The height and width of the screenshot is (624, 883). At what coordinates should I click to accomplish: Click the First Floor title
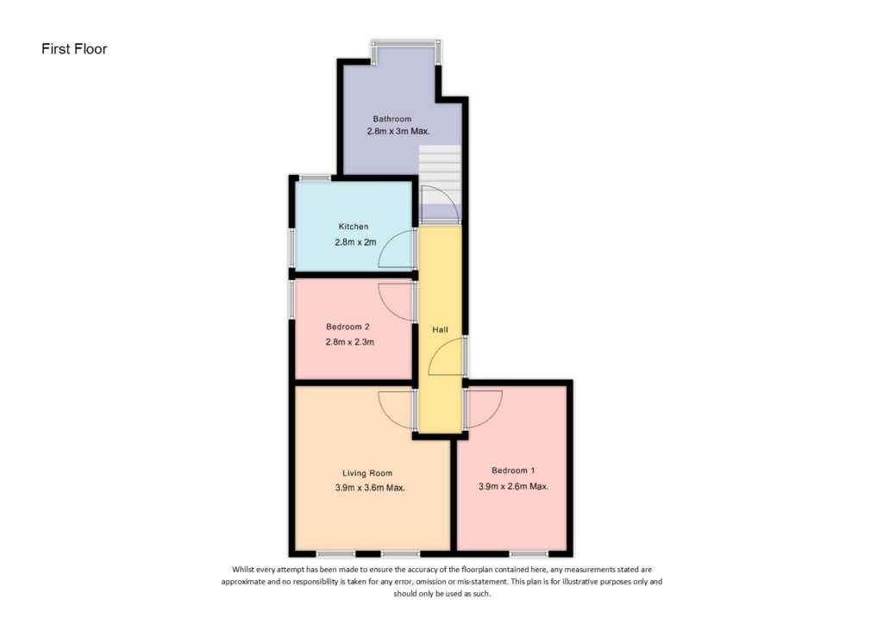click(x=74, y=49)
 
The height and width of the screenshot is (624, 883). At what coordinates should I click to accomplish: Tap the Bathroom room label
click(x=391, y=119)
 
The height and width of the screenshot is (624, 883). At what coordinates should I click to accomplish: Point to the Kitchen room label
click(x=353, y=227)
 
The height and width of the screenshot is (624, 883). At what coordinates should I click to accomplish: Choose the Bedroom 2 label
click(x=348, y=327)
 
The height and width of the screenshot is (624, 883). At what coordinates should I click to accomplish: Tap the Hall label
click(x=440, y=330)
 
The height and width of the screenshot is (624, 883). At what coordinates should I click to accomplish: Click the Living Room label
click(x=367, y=472)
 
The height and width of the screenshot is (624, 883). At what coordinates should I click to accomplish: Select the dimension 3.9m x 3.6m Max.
click(x=370, y=488)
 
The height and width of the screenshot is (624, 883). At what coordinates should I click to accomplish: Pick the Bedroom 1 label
click(x=513, y=471)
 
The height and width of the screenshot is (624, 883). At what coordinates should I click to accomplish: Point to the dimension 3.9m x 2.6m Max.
click(x=513, y=486)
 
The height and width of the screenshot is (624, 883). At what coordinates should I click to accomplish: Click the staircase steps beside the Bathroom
click(x=440, y=164)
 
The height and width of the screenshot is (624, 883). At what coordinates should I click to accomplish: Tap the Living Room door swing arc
click(x=395, y=409)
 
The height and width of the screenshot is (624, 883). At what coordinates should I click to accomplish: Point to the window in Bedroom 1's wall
click(x=528, y=552)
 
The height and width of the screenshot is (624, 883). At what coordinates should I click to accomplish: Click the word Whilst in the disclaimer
click(x=246, y=570)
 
